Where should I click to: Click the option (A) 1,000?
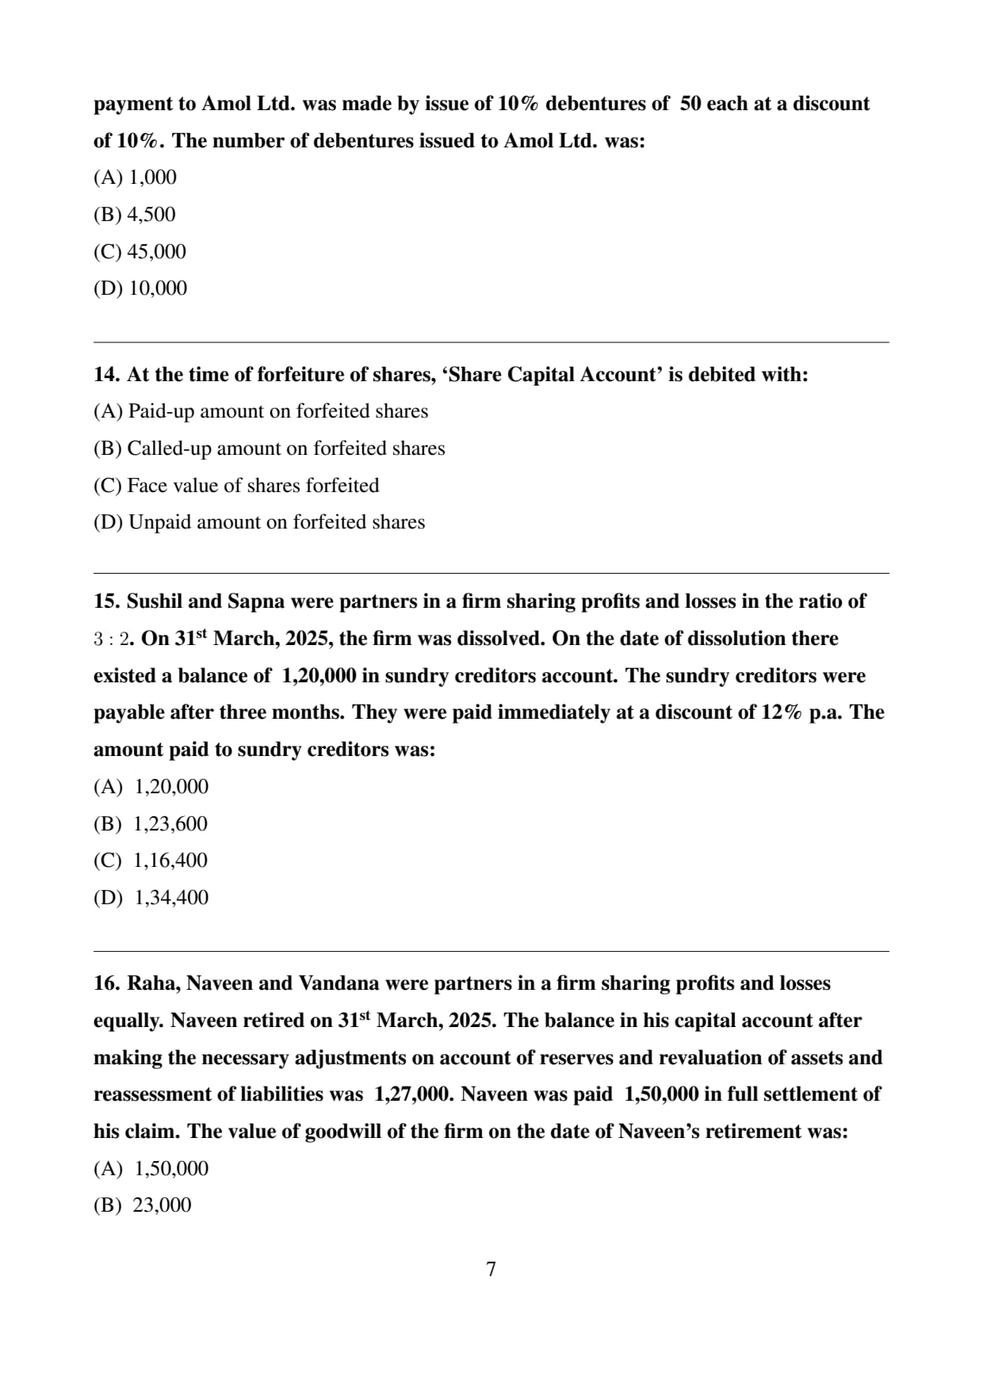pos(135,178)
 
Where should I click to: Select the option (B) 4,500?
pos(135,215)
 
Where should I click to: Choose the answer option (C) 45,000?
pos(140,252)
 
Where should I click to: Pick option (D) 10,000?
pos(140,288)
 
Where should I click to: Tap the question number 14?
pos(106,375)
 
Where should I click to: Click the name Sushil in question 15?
pos(155,601)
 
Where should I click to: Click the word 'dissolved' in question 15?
pos(502,639)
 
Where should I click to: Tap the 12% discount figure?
pos(782,712)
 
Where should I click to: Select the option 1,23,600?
pos(170,824)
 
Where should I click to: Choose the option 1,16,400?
pos(170,861)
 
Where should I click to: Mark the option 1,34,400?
pos(171,898)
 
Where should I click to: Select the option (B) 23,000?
pos(143,1205)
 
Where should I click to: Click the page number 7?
pos(491,1270)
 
